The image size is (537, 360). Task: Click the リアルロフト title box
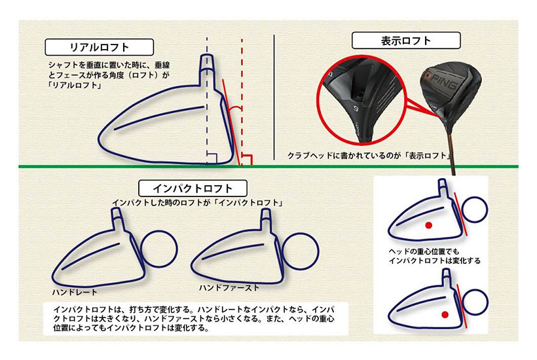coord(100,47)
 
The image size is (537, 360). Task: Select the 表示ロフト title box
coord(406,41)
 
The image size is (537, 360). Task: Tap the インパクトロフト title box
coord(193,189)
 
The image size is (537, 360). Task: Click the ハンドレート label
coord(75,292)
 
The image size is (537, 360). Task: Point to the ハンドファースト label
coord(229,288)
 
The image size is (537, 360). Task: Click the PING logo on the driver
coord(444,81)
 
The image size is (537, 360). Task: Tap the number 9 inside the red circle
coord(356,109)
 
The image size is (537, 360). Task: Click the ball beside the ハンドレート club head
coord(159,249)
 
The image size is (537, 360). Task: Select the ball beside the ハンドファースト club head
coord(301,251)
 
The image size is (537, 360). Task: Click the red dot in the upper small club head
coord(428,225)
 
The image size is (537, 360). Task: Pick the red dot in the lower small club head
coord(445,314)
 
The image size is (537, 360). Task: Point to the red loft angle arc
coord(235,107)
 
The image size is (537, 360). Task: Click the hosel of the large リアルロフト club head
coord(207,69)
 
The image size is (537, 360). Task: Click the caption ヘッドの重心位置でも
coord(424,251)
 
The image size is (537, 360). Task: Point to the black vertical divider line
coord(274,97)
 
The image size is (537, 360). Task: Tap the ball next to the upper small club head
coord(474,209)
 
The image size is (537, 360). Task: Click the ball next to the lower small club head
coord(475,302)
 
